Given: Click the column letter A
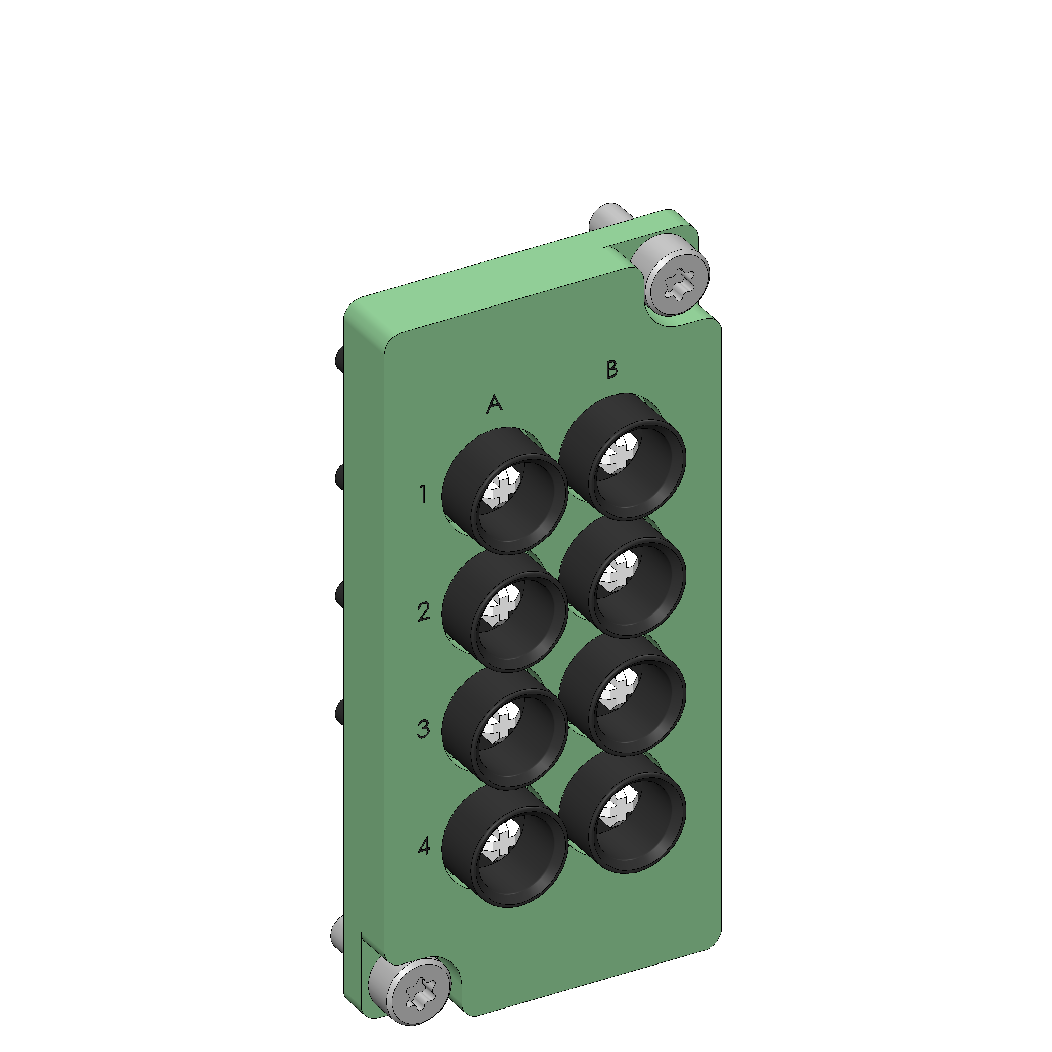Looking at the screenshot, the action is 494,404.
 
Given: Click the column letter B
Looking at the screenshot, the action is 611,369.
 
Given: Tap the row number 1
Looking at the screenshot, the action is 424,494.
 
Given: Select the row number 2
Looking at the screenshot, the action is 424,612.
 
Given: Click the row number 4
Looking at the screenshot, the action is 424,846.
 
